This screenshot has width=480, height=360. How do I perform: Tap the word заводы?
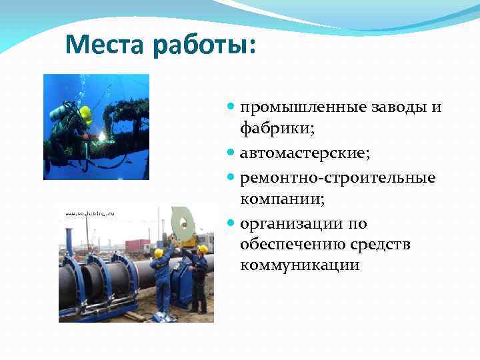[399, 108]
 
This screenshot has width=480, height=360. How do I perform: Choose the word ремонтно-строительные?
[337, 177]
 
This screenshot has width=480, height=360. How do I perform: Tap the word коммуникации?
[299, 266]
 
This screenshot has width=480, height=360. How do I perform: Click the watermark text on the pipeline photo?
[89, 213]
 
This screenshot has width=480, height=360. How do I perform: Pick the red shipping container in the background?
[137, 245]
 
